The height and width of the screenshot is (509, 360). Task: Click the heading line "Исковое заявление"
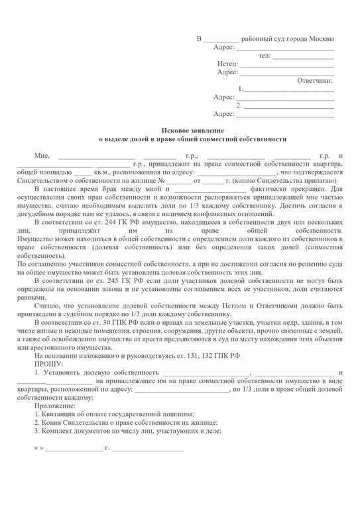(194, 130)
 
